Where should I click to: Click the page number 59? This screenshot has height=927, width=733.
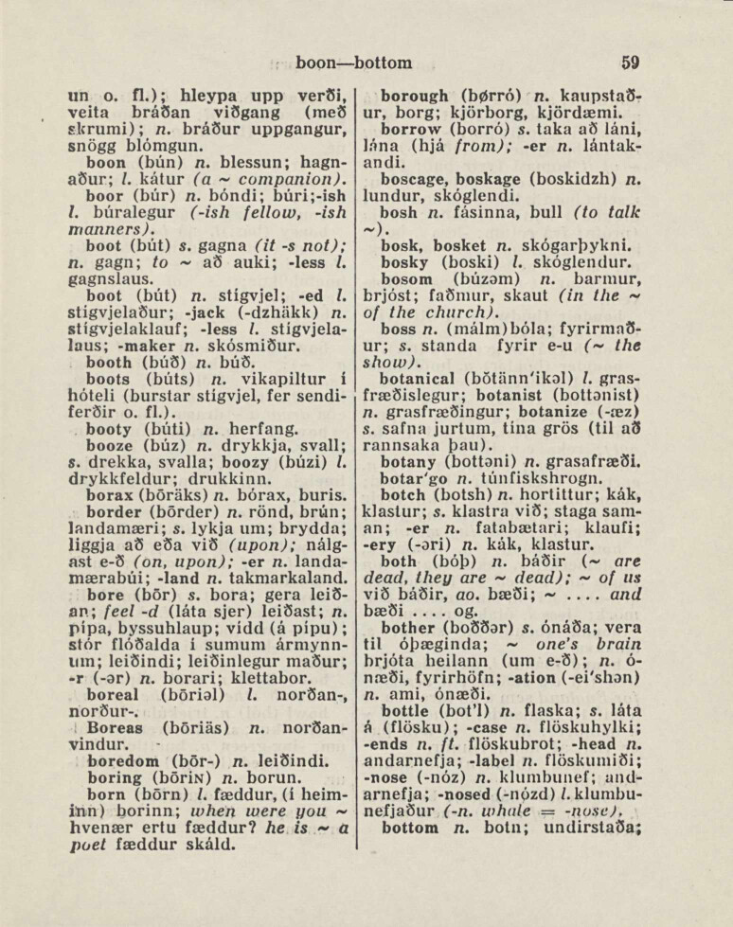631,62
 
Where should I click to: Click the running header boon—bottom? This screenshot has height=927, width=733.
354,62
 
